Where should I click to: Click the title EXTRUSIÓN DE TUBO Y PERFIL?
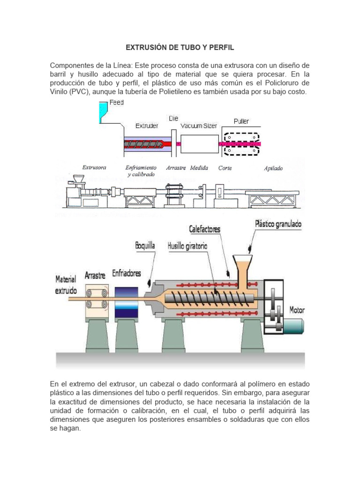(x=180, y=48)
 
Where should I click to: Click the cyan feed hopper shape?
(x=103, y=112)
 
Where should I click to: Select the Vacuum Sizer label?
(x=199, y=126)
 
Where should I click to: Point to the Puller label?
(x=241, y=121)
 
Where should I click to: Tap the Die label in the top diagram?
(x=173, y=119)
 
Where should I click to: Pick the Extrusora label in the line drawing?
(x=94, y=167)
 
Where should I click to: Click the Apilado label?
(x=273, y=168)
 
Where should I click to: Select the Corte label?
(x=225, y=168)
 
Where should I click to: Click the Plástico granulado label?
(x=278, y=224)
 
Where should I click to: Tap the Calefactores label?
(x=204, y=229)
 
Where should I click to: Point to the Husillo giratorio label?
(x=187, y=246)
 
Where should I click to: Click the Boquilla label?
(x=145, y=246)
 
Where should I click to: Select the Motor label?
(x=297, y=310)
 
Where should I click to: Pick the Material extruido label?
(x=66, y=285)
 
